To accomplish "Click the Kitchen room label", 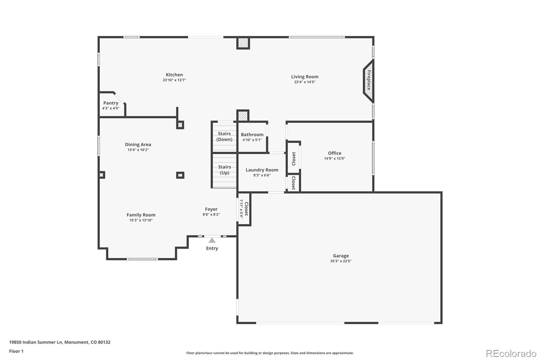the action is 174,75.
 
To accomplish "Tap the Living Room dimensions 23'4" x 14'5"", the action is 305,82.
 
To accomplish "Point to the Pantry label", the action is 111,103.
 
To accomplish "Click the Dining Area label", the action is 138,145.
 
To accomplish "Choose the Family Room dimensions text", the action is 141,220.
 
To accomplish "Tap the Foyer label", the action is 211,209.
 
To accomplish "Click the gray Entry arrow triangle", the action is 212,240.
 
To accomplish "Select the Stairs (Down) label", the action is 224,136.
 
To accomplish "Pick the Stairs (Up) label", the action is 224,170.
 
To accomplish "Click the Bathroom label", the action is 252,135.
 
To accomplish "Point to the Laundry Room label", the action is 262,170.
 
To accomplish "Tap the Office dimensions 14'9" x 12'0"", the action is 334,158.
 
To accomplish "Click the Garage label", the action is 341,256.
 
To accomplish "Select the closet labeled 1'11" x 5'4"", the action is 244,209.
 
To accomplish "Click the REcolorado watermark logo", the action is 511,354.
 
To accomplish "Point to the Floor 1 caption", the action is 17,351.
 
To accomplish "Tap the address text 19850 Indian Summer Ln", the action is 36,342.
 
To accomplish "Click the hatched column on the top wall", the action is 243,43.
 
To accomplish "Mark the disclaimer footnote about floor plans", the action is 270,353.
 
